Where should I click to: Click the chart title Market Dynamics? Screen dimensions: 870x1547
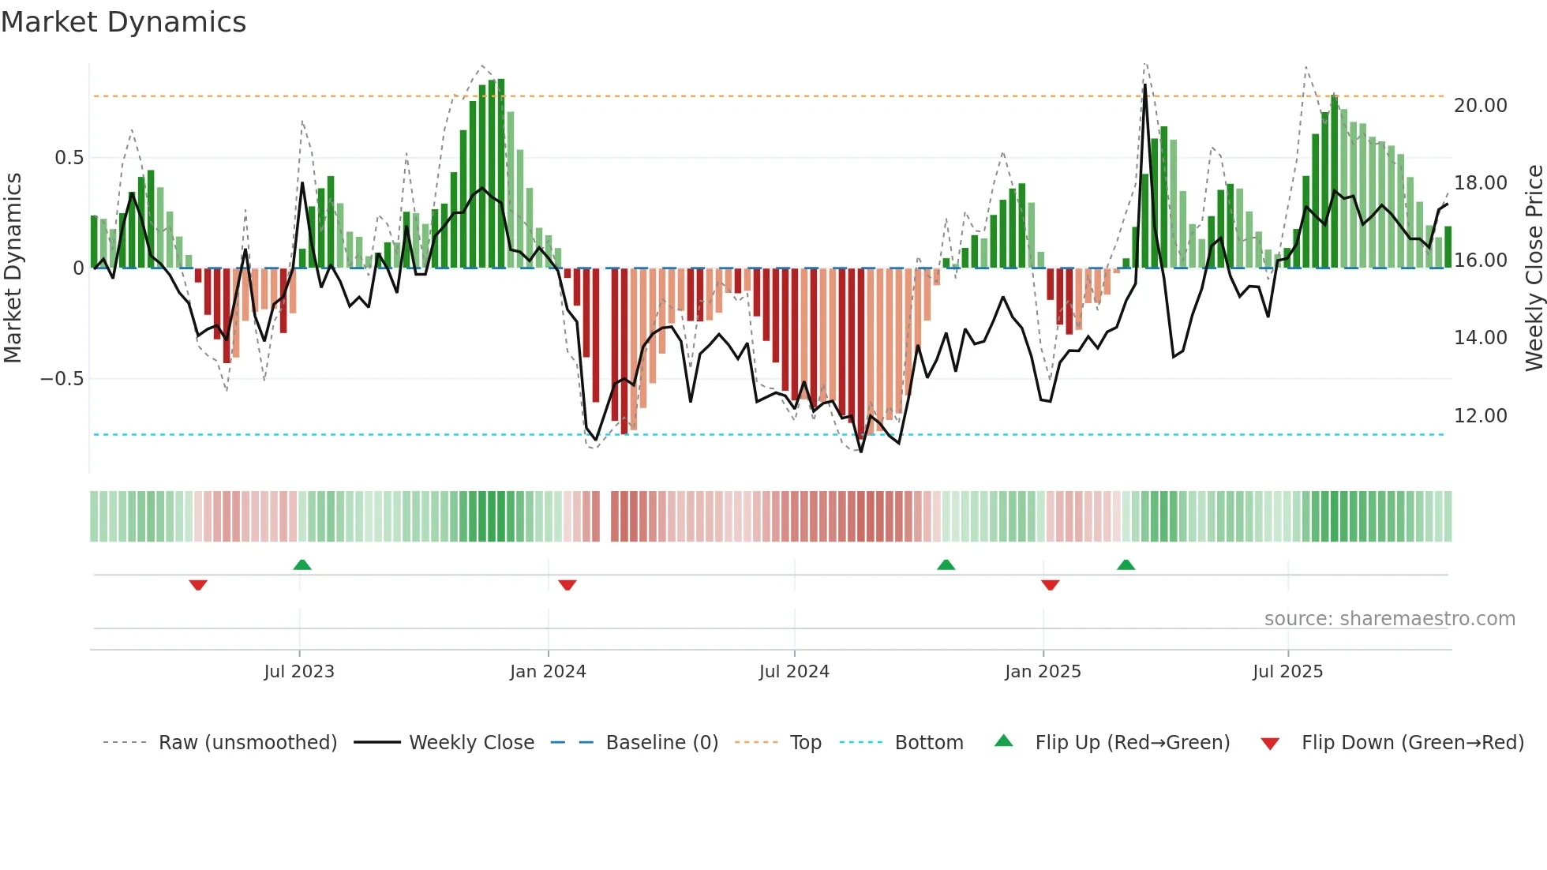point(123,22)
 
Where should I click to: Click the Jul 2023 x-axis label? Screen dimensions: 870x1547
point(299,672)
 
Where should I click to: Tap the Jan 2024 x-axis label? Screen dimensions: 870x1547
point(548,672)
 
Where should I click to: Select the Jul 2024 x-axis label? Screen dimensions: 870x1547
point(794,672)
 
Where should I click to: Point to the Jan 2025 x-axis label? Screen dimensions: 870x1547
point(1043,672)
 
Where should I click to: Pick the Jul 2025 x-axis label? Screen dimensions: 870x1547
point(1287,672)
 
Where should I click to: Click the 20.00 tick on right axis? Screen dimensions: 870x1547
point(1481,106)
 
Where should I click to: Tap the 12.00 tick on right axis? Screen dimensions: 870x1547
point(1481,416)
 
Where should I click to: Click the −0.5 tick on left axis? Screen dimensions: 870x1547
point(62,379)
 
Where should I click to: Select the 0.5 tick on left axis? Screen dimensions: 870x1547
point(69,158)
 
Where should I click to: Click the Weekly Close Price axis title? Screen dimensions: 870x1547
point(1534,268)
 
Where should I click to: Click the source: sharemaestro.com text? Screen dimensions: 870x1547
point(1389,619)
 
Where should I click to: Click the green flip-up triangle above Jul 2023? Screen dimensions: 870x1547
point(302,564)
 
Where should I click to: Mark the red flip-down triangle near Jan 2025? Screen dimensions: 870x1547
point(1050,585)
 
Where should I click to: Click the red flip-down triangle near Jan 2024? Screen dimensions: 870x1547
point(567,585)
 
